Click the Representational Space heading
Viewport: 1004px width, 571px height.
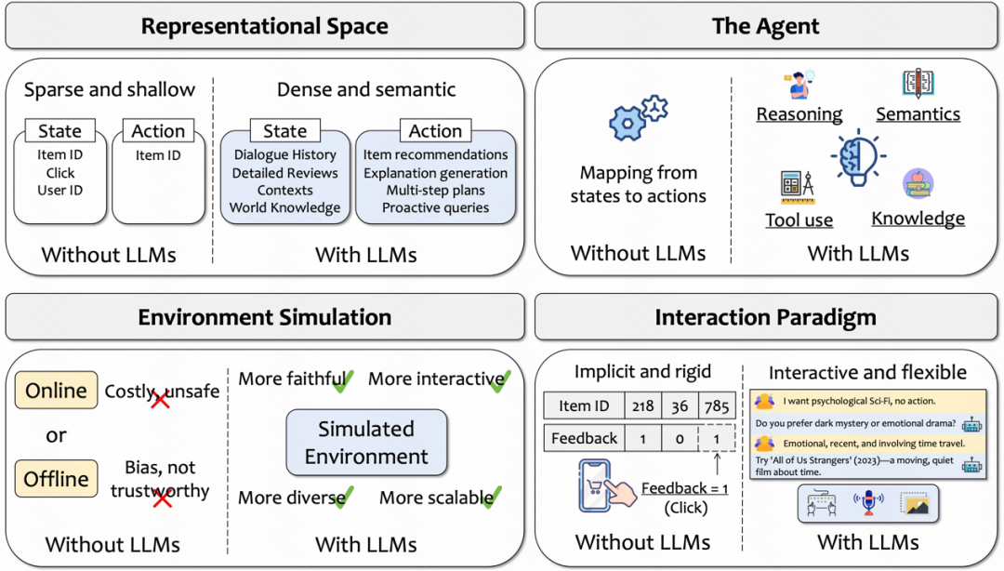click(265, 26)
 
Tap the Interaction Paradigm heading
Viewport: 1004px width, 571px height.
click(765, 318)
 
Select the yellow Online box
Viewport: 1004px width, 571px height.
click(57, 390)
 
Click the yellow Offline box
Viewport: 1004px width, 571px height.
click(57, 479)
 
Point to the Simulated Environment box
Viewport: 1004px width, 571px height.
click(366, 443)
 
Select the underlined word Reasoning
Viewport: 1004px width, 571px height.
click(799, 114)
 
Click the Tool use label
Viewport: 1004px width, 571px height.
click(799, 220)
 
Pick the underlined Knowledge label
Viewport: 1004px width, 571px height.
click(918, 219)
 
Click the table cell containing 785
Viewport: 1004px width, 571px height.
click(717, 405)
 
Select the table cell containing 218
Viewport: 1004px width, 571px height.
click(642, 405)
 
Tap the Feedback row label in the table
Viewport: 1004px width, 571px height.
click(584, 438)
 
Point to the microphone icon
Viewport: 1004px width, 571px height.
click(868, 504)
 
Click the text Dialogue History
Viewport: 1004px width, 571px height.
click(284, 154)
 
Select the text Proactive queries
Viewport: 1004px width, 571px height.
click(435, 207)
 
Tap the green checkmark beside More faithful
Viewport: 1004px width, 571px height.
click(343, 380)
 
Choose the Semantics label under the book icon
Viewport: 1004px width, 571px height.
click(918, 114)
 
